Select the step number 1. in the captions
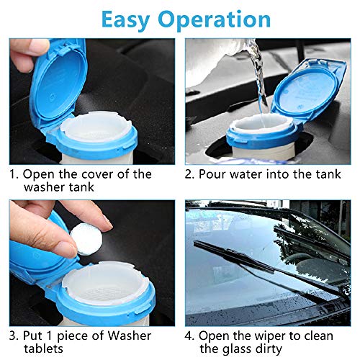click(14, 174)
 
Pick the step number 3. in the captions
click(14, 335)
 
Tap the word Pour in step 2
click(217, 174)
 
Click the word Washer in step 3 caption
click(129, 335)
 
